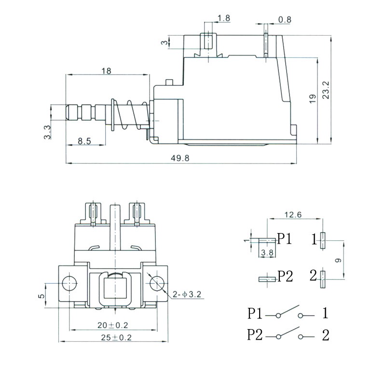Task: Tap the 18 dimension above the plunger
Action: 107,71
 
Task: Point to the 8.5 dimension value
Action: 84,142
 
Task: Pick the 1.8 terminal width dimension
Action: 224,18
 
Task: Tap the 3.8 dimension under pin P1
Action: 266,252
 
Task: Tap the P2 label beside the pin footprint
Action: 285,276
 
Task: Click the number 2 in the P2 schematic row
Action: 325,335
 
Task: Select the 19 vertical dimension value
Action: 312,99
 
